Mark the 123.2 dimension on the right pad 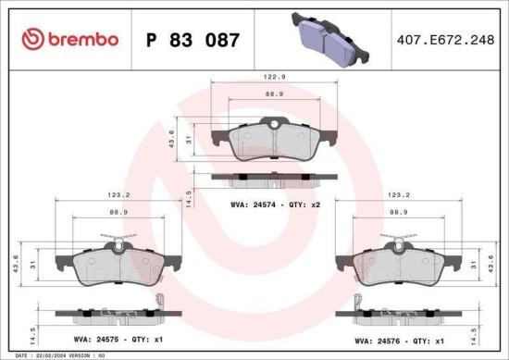[399, 196]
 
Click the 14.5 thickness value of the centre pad [188, 200]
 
